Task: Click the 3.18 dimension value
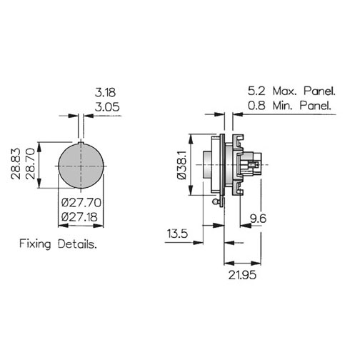click(x=105, y=92)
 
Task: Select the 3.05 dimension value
click(x=107, y=107)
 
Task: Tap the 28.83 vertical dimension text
click(x=16, y=164)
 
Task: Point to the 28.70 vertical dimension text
click(x=31, y=164)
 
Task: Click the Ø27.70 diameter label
click(x=81, y=203)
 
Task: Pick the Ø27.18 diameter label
click(x=79, y=217)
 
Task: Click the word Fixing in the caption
click(x=35, y=244)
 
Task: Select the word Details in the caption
click(x=77, y=244)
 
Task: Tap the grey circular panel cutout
click(x=81, y=166)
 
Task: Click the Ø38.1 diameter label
click(x=182, y=165)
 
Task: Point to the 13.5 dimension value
click(x=177, y=234)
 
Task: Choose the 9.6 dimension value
click(x=258, y=219)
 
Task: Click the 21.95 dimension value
click(x=242, y=275)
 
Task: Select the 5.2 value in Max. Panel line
click(x=256, y=91)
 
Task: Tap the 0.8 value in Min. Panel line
click(x=256, y=105)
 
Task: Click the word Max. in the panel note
click(x=285, y=91)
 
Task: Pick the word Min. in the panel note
click(x=283, y=105)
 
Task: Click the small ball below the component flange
click(x=215, y=202)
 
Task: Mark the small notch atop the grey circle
click(x=81, y=143)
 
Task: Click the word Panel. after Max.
click(x=319, y=91)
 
